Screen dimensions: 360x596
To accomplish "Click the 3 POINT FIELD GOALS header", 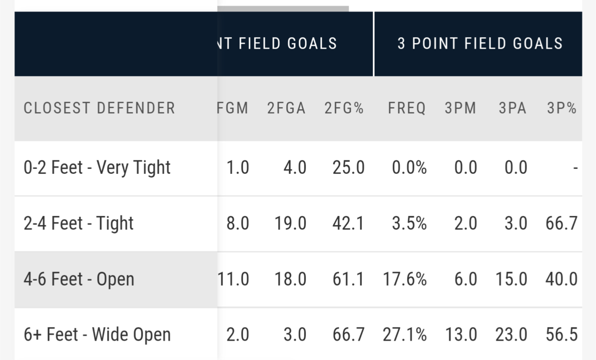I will pyautogui.click(x=480, y=44).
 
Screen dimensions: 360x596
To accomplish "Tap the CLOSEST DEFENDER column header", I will pyautogui.click(x=99, y=108).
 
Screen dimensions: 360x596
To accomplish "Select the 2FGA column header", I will pyautogui.click(x=286, y=108).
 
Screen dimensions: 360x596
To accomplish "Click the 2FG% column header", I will pyautogui.click(x=344, y=108).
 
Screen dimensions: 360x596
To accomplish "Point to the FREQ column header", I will pyautogui.click(x=407, y=108).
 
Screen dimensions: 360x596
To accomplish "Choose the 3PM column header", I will pyautogui.click(x=460, y=108).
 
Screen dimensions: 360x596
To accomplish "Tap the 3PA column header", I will pyautogui.click(x=512, y=108).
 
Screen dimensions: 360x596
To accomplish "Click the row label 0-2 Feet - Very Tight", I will pyautogui.click(x=97, y=168).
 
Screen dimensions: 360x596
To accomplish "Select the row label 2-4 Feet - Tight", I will pyautogui.click(x=79, y=223).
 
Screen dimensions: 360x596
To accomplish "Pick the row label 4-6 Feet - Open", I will pyautogui.click(x=79, y=279).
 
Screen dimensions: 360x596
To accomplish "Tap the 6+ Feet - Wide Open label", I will pyautogui.click(x=97, y=335).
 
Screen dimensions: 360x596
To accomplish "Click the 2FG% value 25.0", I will pyautogui.click(x=348, y=168).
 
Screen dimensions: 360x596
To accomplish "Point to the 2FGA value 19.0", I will pyautogui.click(x=291, y=223).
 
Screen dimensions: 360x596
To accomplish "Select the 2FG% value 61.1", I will pyautogui.click(x=348, y=279).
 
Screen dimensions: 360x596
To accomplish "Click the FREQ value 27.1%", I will pyautogui.click(x=404, y=335).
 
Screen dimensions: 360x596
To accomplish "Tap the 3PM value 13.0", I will pyautogui.click(x=461, y=335).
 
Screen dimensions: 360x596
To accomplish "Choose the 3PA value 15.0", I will pyautogui.click(x=511, y=279).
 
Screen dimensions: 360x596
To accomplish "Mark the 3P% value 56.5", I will pyautogui.click(x=562, y=335).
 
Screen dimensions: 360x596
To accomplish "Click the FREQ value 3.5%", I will pyautogui.click(x=409, y=223).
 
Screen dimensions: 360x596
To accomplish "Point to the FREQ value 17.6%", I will pyautogui.click(x=404, y=279).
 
